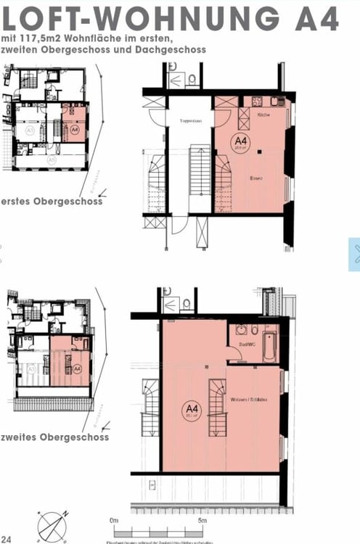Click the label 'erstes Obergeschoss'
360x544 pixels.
click(x=52, y=201)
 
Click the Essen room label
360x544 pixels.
click(x=255, y=178)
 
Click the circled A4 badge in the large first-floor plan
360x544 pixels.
click(x=240, y=141)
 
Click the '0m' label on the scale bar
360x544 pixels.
click(x=114, y=520)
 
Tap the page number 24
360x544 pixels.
click(x=7, y=538)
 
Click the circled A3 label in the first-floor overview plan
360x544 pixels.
click(x=30, y=131)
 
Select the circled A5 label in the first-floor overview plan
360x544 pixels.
click(x=52, y=159)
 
